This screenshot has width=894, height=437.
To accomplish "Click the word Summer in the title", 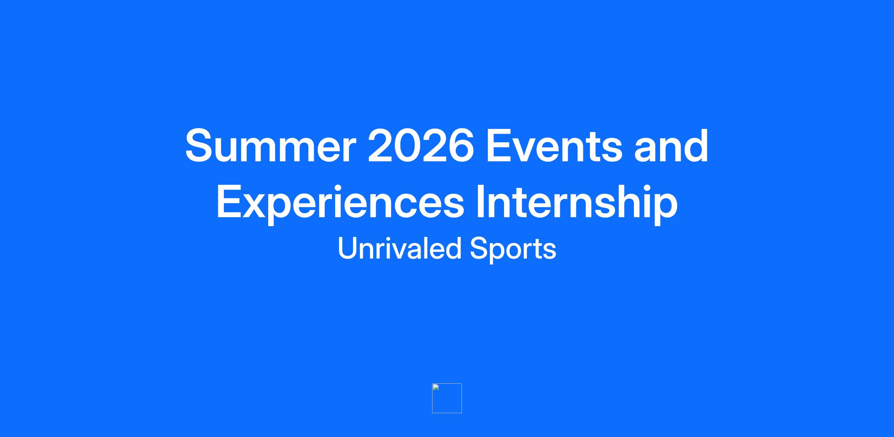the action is point(271,146).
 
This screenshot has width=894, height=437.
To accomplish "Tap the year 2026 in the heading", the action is point(421,146).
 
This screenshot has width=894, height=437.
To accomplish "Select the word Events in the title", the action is point(554,146).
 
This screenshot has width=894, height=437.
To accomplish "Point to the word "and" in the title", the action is point(671,146).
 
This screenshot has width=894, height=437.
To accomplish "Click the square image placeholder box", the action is point(447,398).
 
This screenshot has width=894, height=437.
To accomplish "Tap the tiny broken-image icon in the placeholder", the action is point(436,387).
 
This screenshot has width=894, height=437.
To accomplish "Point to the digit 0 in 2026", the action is point(408,146).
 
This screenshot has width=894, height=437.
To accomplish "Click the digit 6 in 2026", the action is point(461,146).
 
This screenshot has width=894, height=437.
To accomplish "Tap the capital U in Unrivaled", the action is point(348,248).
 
